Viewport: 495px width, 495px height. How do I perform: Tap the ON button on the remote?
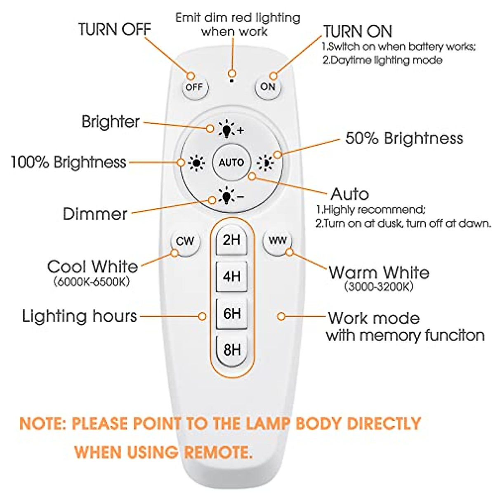[x=268, y=87]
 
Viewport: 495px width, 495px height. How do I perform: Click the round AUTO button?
[x=231, y=163]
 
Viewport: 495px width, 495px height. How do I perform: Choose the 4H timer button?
[x=231, y=276]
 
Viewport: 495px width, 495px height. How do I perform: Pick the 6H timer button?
[x=231, y=313]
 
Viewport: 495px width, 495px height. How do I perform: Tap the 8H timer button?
[x=231, y=350]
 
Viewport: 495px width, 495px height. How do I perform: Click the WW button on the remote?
[x=277, y=240]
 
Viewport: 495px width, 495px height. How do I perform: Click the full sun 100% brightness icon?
[x=196, y=163]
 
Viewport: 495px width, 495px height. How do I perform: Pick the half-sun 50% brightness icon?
[x=265, y=163]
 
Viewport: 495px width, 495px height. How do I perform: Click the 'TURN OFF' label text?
[x=115, y=30]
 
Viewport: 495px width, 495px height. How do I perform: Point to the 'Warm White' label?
[x=379, y=273]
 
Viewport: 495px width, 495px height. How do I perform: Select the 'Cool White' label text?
[x=92, y=266]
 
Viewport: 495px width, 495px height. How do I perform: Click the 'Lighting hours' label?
[x=80, y=316]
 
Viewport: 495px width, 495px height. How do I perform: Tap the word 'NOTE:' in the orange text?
[x=43, y=424]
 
